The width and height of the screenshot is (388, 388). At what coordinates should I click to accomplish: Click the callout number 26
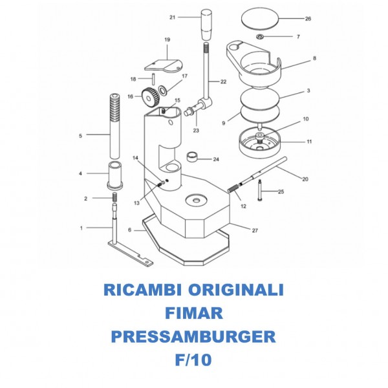point(308,19)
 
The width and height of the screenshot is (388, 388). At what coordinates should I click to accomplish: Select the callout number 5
point(80,136)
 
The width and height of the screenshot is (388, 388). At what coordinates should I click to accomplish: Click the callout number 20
point(305,178)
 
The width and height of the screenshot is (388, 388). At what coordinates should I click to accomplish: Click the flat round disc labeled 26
point(262,17)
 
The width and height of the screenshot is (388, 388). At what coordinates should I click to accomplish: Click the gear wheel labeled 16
point(151,98)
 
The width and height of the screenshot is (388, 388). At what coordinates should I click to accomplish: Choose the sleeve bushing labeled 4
point(115,176)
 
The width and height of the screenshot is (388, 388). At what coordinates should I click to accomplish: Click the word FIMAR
point(194,314)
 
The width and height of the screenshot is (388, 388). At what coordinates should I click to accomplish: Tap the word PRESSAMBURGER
point(194,336)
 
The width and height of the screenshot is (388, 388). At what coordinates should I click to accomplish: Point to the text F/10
point(194,360)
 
